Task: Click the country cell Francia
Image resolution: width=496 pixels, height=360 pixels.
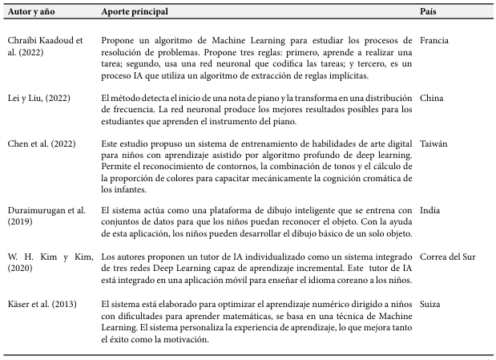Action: point(433,40)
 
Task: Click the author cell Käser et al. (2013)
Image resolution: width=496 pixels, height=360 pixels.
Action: point(39,305)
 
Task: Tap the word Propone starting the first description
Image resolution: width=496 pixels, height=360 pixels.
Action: point(119,40)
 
